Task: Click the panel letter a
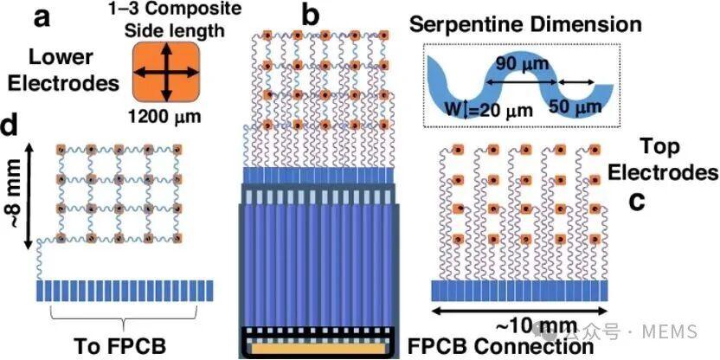click(42, 20)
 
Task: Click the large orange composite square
click(166, 73)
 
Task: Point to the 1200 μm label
click(166, 115)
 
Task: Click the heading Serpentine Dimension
click(526, 25)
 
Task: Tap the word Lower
click(61, 58)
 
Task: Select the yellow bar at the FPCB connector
click(317, 349)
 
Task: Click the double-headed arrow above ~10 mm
click(520, 312)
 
